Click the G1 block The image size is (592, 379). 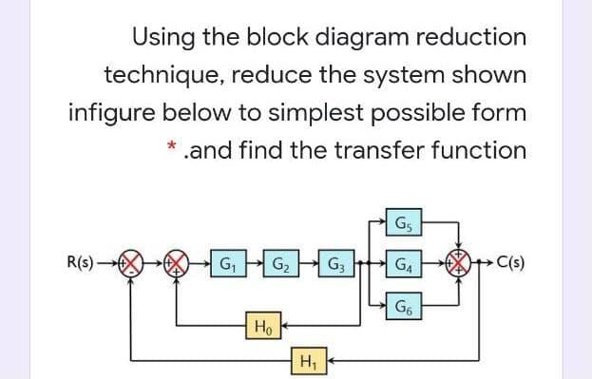coord(229,263)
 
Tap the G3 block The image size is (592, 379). coord(337,263)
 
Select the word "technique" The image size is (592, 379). coord(162,75)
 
